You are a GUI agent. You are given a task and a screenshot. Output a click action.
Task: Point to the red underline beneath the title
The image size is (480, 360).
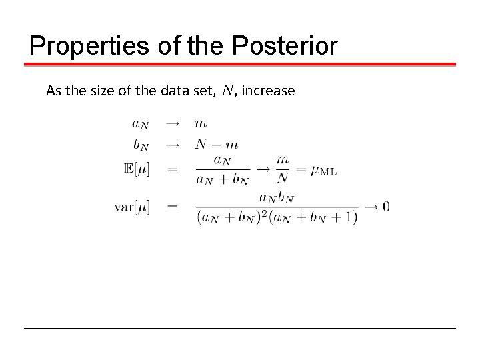tap(240, 65)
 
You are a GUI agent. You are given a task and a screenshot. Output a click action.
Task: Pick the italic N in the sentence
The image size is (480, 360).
tap(228, 90)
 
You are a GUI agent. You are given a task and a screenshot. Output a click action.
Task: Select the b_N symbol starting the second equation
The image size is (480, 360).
tap(140, 144)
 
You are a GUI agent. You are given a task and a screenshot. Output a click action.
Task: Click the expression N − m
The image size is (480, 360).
tap(216, 144)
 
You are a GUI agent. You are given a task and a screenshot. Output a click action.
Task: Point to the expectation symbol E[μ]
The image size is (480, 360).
tap(137, 170)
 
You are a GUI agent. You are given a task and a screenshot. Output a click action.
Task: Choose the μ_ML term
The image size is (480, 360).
tap(321, 170)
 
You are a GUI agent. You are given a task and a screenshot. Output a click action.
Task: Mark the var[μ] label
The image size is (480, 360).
tap(133, 207)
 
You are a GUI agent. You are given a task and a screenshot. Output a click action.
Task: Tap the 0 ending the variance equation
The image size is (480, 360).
tap(386, 207)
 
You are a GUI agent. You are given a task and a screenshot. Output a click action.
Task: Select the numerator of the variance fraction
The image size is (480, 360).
tap(277, 198)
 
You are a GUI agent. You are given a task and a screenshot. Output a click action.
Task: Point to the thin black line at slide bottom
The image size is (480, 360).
tap(240, 328)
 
